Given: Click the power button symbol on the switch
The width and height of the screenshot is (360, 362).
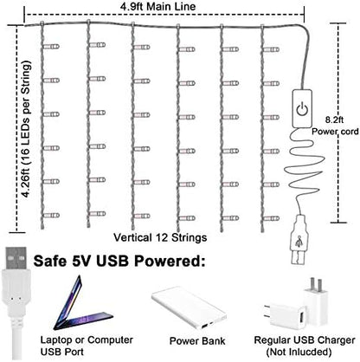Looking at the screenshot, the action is point(302,109).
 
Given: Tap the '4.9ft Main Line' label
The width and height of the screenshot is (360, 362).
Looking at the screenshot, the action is point(157,6).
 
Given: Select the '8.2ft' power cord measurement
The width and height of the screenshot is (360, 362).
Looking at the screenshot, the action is point(334,120).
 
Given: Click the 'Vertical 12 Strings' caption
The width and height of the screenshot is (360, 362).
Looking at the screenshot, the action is point(160,237).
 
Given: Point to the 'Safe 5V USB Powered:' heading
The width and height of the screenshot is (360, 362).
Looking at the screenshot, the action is point(119,261).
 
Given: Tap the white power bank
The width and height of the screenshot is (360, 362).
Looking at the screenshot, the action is point(189,307).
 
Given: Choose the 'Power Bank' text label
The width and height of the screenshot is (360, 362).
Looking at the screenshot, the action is point(197,341).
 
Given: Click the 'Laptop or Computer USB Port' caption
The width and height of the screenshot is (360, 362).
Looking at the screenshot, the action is point(87,346).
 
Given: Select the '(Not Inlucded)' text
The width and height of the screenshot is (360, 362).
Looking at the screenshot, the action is point(299,352).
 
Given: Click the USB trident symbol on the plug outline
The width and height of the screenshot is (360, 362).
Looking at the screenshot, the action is point(299,242).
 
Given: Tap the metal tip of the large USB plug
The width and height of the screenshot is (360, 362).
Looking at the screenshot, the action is point(16,258).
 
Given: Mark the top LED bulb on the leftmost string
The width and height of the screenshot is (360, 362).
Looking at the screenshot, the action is point(51,46).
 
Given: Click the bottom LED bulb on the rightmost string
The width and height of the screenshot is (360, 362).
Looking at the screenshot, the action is point(271,218).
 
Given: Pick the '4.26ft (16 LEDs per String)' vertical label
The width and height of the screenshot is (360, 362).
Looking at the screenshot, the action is point(26,129).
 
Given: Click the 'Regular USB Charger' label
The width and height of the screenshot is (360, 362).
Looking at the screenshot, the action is point(305,340).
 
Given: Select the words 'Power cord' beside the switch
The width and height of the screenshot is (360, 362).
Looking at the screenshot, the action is point(335,132).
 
